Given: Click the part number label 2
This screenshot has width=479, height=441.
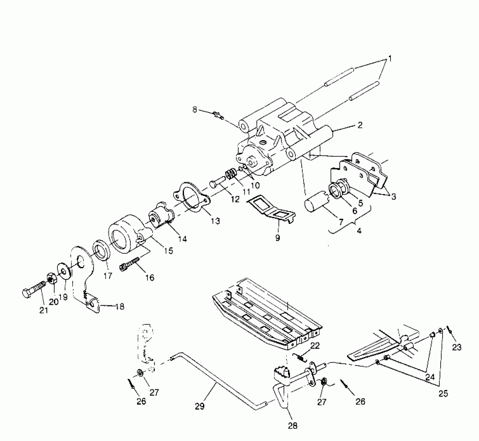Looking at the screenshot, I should point(360,125).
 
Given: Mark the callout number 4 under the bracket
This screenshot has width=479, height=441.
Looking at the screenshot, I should point(359,231).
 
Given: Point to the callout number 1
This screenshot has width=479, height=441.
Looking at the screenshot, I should point(389,59).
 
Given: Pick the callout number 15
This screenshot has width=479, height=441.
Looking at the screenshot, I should point(168,250).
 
